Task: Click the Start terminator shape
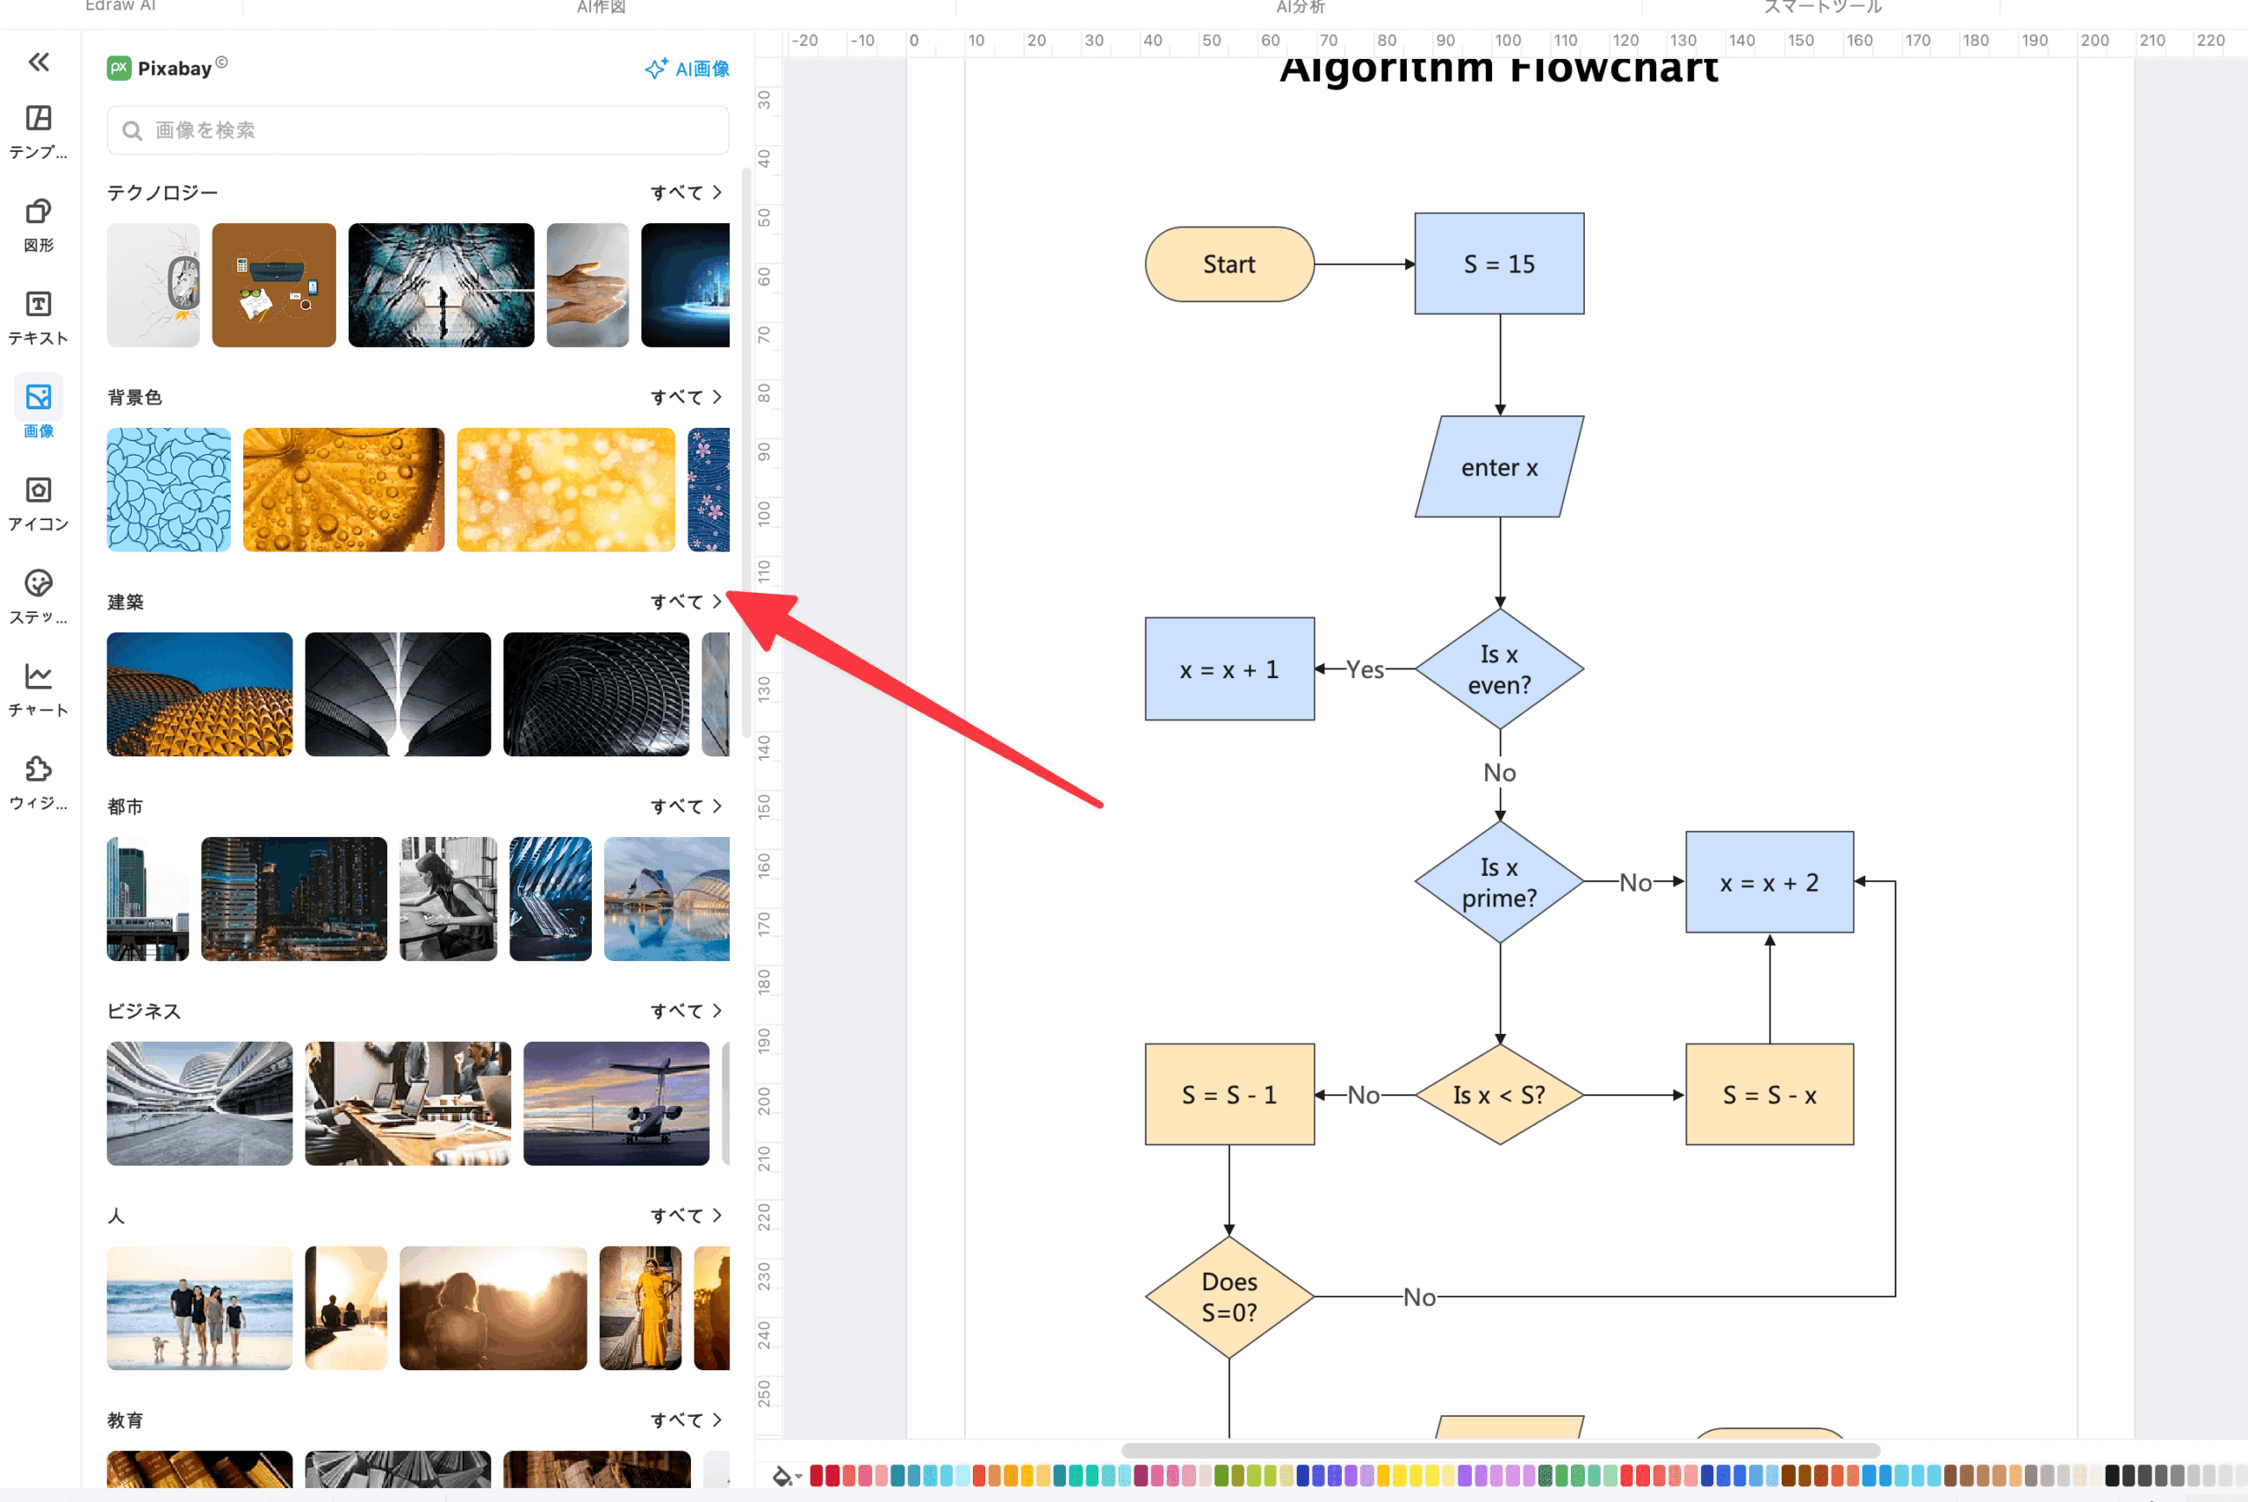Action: point(1229,264)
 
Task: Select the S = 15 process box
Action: point(1499,264)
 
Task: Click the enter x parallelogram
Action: point(1499,467)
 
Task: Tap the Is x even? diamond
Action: point(1499,668)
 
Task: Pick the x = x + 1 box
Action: point(1229,669)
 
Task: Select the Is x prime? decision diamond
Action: point(1499,882)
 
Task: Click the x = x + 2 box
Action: point(1769,882)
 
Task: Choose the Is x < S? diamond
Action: point(1499,1095)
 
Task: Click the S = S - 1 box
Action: point(1229,1095)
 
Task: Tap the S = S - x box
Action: point(1769,1095)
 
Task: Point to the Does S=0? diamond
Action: point(1229,1297)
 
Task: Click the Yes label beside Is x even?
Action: point(1365,669)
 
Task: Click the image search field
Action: point(418,130)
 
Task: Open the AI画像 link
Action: point(688,69)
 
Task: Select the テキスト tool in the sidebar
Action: point(39,317)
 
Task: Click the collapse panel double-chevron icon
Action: point(39,62)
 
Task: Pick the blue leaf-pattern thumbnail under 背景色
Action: point(169,489)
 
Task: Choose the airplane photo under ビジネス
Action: point(616,1103)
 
